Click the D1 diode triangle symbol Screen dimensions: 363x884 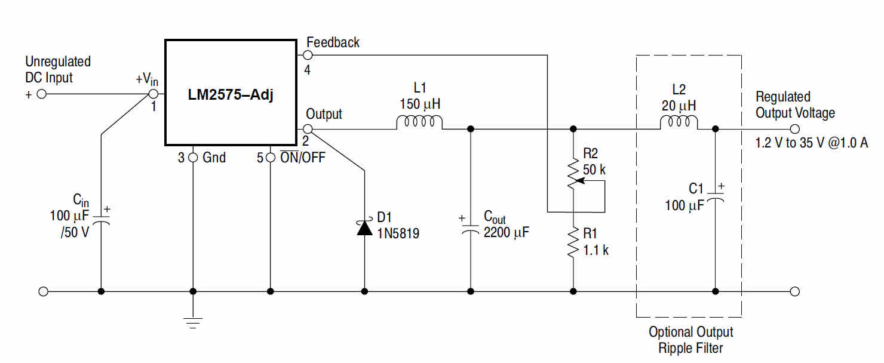(x=364, y=227)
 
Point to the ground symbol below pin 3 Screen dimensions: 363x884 (x=193, y=322)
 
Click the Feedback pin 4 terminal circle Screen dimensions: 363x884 (x=308, y=55)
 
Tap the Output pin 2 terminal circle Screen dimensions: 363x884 (x=308, y=129)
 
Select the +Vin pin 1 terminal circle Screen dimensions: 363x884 (x=153, y=94)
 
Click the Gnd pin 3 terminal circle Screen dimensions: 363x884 (x=193, y=158)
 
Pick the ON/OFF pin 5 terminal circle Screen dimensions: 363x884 (x=271, y=158)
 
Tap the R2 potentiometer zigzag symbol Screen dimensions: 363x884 (x=573, y=173)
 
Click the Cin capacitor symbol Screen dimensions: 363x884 (x=101, y=220)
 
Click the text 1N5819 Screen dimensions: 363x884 (x=398, y=234)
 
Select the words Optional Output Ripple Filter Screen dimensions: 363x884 (x=690, y=340)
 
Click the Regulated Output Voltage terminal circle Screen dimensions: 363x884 (x=794, y=129)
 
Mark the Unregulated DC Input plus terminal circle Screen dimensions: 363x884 (x=42, y=94)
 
